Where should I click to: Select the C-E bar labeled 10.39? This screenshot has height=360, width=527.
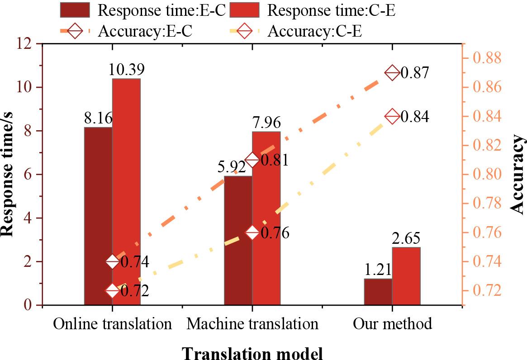pos(126,192)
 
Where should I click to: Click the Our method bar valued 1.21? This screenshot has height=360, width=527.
pos(378,292)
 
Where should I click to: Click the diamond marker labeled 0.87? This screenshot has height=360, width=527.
pos(392,73)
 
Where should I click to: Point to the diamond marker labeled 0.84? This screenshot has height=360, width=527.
pos(392,116)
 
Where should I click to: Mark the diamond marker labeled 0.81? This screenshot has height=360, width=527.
pos(252,160)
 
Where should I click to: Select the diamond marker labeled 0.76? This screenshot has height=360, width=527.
pos(252,233)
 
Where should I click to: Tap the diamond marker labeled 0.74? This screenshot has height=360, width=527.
pos(113,261)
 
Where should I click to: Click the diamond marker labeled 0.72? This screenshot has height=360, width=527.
pos(113,291)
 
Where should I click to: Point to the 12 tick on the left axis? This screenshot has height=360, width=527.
pos(27,44)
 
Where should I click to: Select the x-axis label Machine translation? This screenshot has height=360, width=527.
pos(252,324)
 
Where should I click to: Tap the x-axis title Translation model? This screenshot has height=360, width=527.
pos(252,352)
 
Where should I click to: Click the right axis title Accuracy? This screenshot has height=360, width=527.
pos(518,175)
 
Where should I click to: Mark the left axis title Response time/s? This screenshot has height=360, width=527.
pos(8,175)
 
